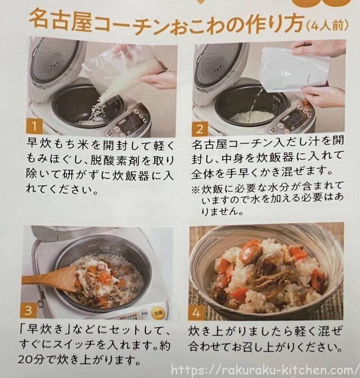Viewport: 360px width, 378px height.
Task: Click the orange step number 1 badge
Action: [x=34, y=126]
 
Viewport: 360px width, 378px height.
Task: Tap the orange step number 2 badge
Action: [x=200, y=129]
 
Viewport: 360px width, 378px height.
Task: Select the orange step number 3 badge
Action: [x=28, y=310]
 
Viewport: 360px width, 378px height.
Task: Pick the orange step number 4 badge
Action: [x=196, y=313]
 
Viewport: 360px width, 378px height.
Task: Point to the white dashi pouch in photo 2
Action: [x=295, y=69]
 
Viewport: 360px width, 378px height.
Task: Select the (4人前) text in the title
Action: [x=327, y=25]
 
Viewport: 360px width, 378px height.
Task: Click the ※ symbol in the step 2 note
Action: [x=195, y=189]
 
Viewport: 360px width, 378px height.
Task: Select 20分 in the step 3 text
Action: [x=31, y=360]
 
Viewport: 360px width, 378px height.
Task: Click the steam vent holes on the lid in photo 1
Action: [x=55, y=64]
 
